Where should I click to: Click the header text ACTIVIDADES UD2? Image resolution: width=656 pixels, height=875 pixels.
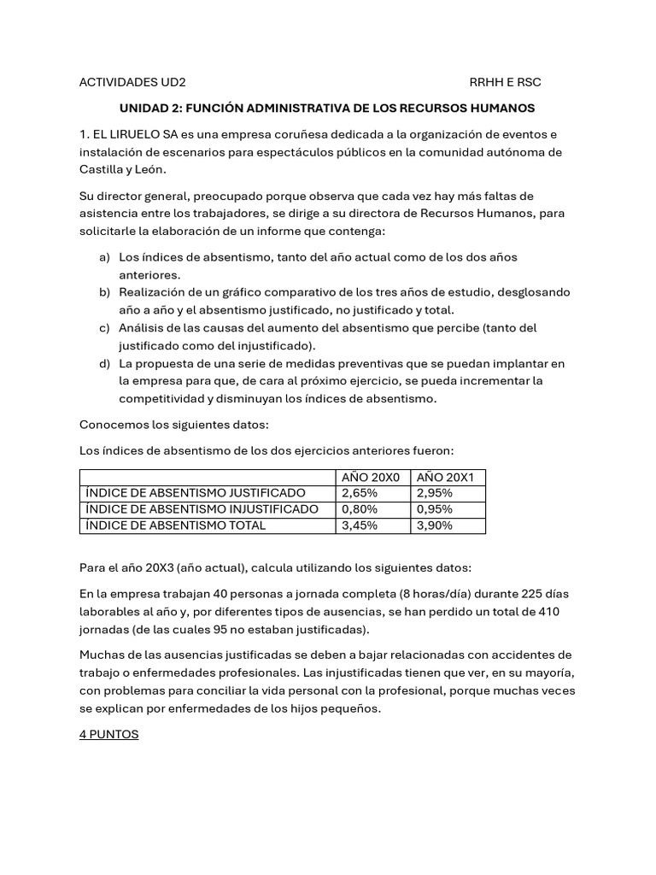[x=132, y=82]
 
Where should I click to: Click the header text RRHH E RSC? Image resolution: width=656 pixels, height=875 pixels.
[x=505, y=82]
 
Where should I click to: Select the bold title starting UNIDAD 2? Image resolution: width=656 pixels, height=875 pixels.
[x=326, y=109]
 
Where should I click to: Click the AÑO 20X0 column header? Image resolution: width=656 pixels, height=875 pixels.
[x=371, y=477]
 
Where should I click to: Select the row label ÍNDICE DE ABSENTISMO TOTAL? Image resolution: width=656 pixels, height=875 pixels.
[x=174, y=526]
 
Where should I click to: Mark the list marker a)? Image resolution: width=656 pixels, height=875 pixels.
[x=105, y=257]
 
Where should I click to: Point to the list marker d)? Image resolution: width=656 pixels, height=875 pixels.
[x=105, y=364]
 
